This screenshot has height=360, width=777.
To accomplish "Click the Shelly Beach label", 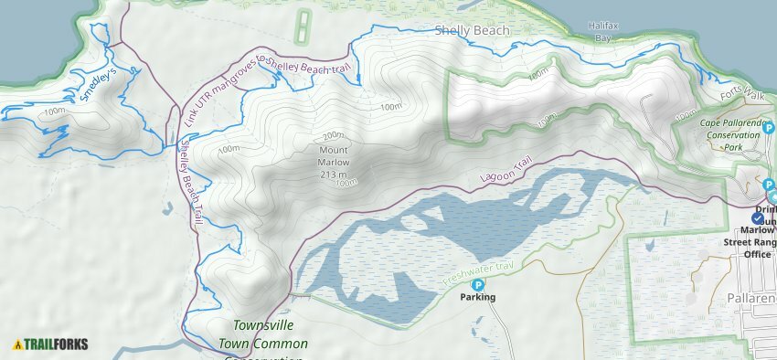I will coord(472,30).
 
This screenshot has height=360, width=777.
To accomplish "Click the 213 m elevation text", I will coord(334,174).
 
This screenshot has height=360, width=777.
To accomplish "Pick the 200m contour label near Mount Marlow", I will coord(334,135).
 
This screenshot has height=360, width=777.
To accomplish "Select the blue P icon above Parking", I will coord(477,284).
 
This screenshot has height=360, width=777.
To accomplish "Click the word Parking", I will coord(477,297).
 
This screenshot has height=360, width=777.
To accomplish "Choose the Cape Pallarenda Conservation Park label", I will coord(729,134).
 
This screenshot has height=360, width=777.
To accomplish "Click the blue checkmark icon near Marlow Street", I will coord(758,217).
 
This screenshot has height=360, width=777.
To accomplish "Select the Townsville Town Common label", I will coord(270,334).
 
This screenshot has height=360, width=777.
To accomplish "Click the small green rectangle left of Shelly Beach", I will coord(302,29).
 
